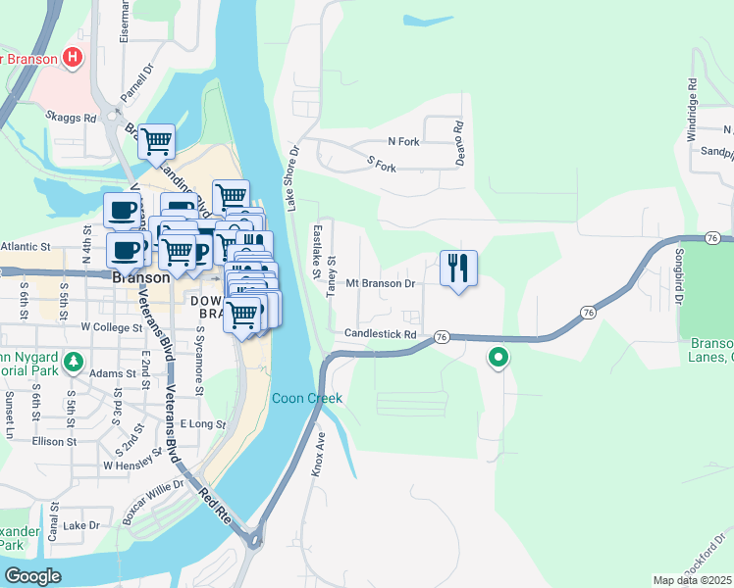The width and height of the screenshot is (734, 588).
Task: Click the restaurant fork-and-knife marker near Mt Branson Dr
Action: (458, 269)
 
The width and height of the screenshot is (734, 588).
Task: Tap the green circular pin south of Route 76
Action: (498, 358)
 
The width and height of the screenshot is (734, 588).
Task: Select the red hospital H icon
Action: (71, 57)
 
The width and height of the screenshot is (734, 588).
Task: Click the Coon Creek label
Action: (306, 398)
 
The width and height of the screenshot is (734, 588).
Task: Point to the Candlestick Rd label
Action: (381, 334)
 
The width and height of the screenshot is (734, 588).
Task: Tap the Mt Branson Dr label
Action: (382, 283)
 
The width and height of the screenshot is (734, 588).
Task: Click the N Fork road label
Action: (403, 142)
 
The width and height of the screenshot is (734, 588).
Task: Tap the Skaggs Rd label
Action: (71, 117)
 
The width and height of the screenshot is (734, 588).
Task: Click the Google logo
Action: (33, 576)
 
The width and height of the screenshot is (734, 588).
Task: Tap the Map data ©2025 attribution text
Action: (693, 580)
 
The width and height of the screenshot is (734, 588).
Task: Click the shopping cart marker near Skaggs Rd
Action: (157, 142)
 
